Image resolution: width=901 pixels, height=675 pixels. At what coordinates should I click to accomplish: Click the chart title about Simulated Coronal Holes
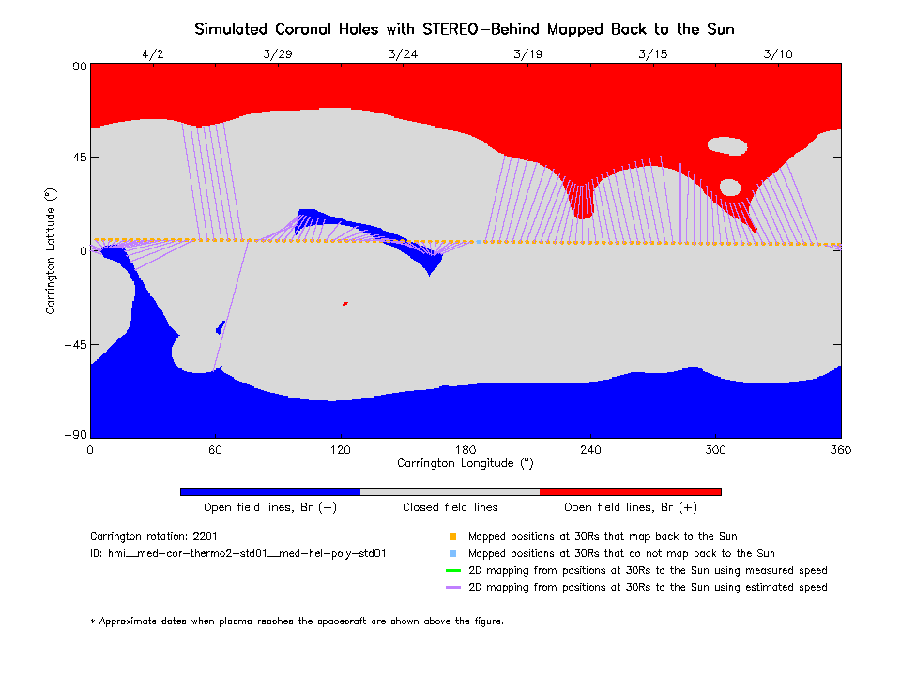coord(465,29)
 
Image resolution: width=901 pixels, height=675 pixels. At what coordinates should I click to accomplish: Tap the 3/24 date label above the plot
coord(402,54)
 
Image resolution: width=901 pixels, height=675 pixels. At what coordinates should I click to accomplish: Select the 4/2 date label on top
coord(152,54)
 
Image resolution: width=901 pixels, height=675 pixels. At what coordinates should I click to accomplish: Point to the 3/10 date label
coord(778,54)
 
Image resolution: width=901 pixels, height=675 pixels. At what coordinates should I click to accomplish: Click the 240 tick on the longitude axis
coord(590,451)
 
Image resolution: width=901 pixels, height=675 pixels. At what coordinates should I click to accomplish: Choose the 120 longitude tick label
coord(340,451)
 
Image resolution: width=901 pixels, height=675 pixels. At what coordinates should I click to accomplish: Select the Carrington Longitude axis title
coord(466,463)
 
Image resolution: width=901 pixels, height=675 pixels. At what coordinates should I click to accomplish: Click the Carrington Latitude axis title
coord(52,250)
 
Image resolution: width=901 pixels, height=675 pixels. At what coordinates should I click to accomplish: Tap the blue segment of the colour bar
coord(269,491)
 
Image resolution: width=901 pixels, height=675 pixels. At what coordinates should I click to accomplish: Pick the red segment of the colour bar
coord(630,491)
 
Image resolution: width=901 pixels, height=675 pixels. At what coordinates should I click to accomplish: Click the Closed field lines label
coord(450,507)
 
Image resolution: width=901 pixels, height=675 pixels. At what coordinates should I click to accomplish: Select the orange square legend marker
coord(452,537)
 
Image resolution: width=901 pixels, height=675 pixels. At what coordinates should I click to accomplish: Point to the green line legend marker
coord(452,570)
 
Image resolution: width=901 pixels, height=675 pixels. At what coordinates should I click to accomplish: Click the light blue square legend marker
coord(452,554)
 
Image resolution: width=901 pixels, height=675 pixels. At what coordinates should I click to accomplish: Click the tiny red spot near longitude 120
coord(345,303)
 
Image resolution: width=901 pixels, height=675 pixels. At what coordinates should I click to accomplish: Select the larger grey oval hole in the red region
coord(726,145)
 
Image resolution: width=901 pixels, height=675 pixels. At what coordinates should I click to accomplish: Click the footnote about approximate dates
coord(297,621)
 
